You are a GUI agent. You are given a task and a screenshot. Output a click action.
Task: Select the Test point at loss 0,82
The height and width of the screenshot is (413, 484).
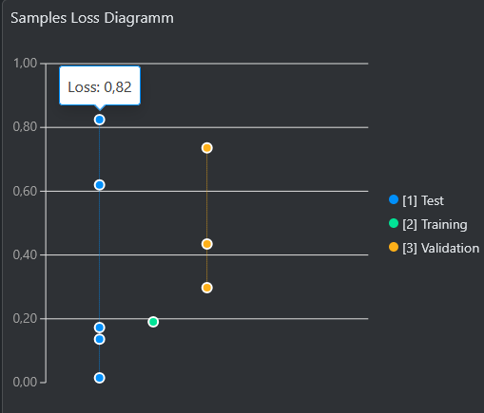point(99,120)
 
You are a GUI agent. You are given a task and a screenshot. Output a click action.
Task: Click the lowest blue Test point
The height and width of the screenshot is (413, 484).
point(99,378)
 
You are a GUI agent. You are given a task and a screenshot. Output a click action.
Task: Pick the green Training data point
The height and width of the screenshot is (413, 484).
point(153,322)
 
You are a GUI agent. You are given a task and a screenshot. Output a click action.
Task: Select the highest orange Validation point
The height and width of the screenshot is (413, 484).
point(206,148)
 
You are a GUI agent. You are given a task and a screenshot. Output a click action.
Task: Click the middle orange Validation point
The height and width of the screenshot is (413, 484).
point(206,244)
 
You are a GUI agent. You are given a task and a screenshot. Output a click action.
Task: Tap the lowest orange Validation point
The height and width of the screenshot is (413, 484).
point(206,288)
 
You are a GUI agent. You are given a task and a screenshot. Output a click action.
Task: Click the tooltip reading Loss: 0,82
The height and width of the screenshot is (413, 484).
point(99,87)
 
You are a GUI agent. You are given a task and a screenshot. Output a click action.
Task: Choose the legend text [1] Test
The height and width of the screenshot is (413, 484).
point(423,200)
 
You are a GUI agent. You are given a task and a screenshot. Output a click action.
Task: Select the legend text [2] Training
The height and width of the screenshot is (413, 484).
point(435,224)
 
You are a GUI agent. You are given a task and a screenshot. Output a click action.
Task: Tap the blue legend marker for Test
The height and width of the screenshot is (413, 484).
point(394,199)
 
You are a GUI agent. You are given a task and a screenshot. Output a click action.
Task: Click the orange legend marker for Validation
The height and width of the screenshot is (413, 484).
point(394,247)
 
